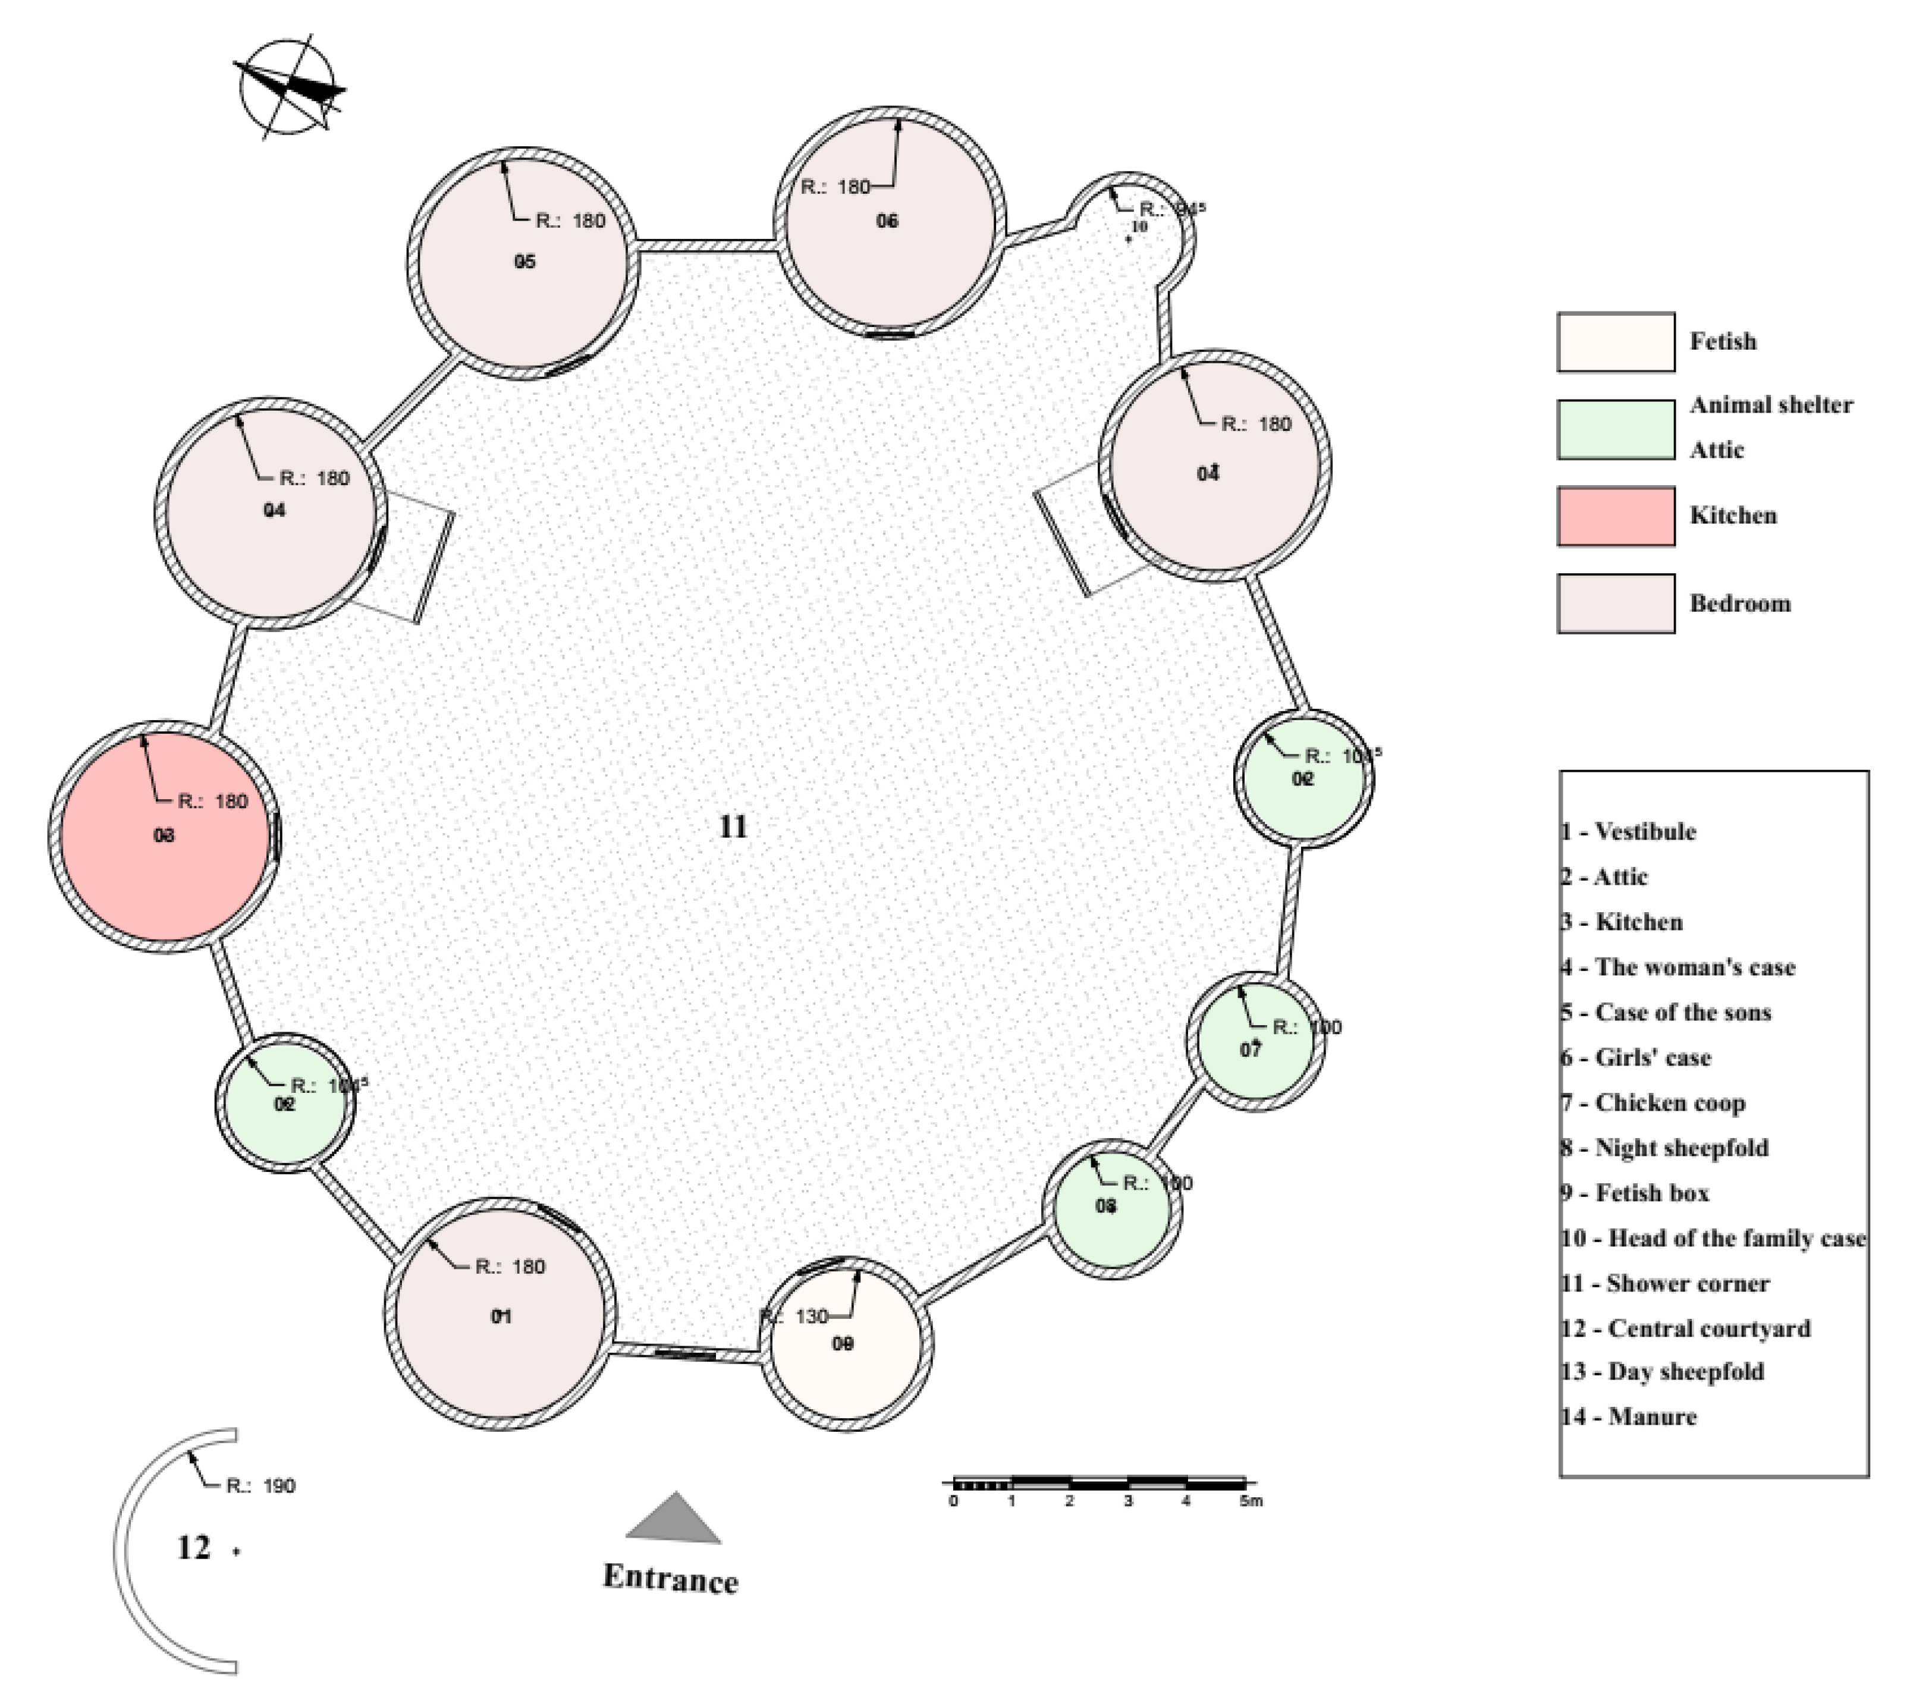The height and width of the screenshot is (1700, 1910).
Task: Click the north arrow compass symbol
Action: click(288, 89)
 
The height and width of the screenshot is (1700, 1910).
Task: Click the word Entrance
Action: click(670, 1579)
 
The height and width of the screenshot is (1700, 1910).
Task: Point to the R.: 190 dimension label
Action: click(260, 1486)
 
